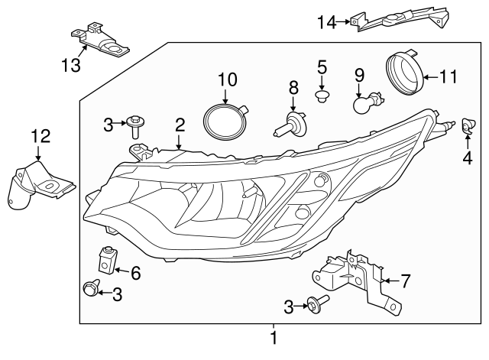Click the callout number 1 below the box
(274, 337)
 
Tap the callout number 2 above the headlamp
(180, 124)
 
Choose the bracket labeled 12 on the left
(40, 183)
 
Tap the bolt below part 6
(90, 288)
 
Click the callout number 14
(326, 22)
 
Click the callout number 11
(449, 76)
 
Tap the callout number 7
(405, 281)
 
